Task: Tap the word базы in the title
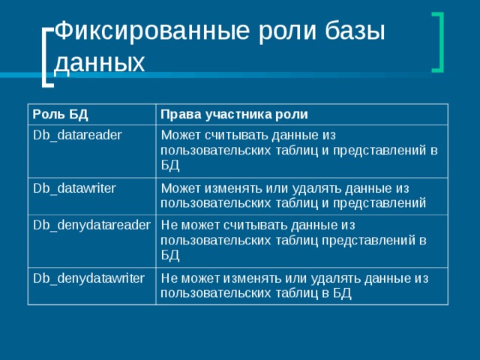354,32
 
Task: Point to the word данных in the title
100,63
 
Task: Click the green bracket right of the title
438,42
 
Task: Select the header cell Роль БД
60,114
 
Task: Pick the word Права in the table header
178,114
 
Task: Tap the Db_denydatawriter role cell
88,278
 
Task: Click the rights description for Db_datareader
299,149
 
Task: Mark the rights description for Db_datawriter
293,195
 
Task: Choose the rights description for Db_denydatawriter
294,286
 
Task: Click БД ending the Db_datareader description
169,164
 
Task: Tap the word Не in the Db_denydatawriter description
169,278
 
